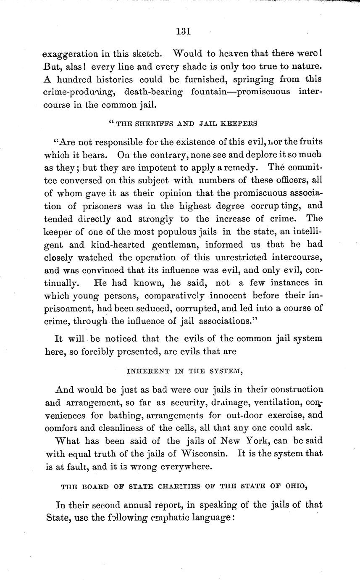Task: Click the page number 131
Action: pyautogui.click(x=184, y=31)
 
